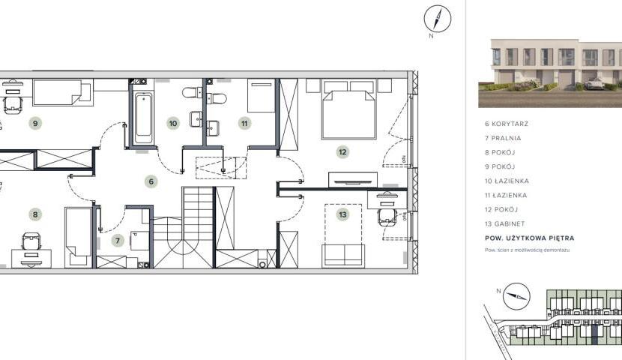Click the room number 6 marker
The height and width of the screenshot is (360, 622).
click(151, 181)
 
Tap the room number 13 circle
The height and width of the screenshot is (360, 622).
click(342, 214)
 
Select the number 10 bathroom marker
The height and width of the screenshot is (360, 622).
click(173, 124)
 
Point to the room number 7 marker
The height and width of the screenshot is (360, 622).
click(118, 241)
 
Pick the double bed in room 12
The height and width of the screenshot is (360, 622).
click(349, 109)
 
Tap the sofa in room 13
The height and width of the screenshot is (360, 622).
click(343, 255)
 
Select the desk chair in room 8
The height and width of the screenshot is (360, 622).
click(31, 241)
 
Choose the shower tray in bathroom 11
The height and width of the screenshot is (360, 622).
click(261, 95)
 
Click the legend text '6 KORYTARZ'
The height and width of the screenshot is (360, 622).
click(507, 124)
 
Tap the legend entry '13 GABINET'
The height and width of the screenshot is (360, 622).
click(504, 223)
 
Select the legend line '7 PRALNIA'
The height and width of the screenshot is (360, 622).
click(503, 138)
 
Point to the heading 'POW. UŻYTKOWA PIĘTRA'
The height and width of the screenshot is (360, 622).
click(530, 238)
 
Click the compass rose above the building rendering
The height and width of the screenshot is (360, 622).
click(438, 18)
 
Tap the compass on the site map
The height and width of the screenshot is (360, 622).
click(516, 296)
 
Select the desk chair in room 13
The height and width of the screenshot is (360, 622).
click(387, 217)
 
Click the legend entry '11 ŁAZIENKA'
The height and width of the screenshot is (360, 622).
click(506, 195)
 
